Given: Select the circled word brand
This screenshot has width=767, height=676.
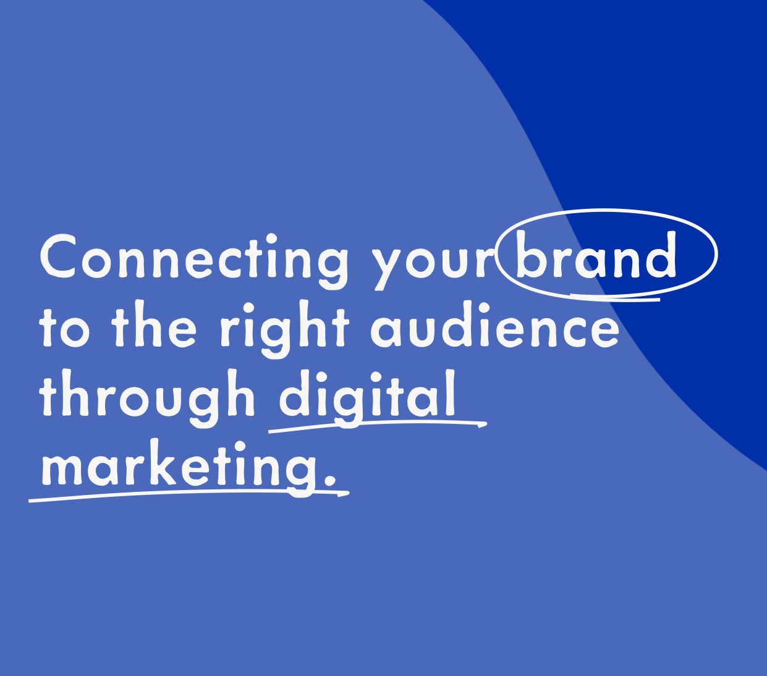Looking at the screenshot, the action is click(596, 255).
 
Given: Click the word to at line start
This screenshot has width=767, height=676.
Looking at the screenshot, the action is click(65, 327).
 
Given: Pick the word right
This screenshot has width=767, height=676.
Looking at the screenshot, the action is click(284, 330).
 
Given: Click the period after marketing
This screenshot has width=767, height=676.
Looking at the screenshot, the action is click(330, 480).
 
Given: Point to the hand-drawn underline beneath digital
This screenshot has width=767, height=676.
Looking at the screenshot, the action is click(378, 425).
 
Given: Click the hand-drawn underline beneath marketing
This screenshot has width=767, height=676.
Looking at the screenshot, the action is click(189, 494).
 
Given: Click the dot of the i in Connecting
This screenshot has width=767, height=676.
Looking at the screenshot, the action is click(271, 239).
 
